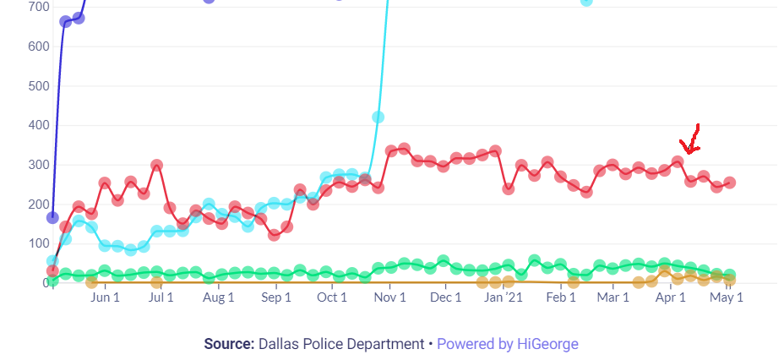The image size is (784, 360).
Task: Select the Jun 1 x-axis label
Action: (x=104, y=297)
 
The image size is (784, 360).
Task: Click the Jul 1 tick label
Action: (x=161, y=297)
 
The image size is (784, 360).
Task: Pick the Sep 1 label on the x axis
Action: (x=275, y=297)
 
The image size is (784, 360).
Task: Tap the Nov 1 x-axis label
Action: (x=389, y=297)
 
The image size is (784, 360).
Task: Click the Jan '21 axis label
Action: (x=507, y=297)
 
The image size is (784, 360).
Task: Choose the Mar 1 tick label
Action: (x=613, y=297)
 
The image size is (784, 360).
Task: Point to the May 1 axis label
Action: (x=726, y=297)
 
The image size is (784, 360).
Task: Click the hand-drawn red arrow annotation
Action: (x=691, y=139)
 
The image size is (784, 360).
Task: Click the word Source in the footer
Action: (x=227, y=344)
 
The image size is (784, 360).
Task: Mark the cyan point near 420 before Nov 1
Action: (x=378, y=117)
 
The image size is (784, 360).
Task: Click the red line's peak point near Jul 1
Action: (x=156, y=166)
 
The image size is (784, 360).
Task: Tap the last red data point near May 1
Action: (x=729, y=183)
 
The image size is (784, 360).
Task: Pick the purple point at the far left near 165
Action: (x=52, y=217)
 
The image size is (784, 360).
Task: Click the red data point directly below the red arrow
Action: (x=690, y=181)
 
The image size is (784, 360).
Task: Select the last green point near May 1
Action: (x=729, y=275)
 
